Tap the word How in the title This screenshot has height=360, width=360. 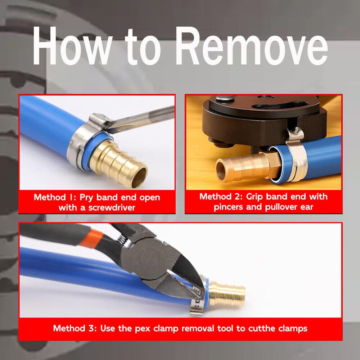coord(72,46)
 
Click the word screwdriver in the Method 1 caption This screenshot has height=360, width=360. coord(112,208)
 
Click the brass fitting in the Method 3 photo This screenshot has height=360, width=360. coord(227,293)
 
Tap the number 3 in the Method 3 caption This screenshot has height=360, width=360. coord(91,329)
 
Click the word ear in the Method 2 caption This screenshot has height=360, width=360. coord(307,207)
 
